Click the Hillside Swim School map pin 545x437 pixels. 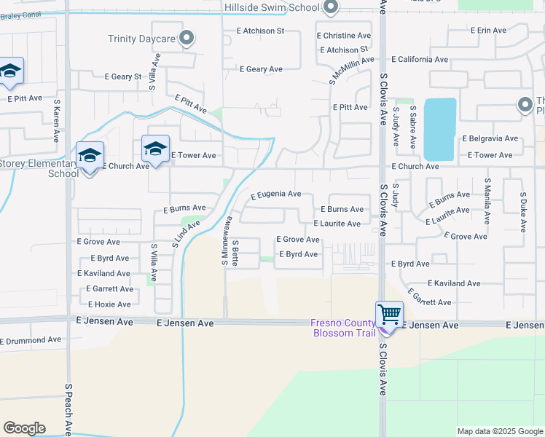330,7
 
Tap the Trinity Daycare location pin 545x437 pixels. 187,38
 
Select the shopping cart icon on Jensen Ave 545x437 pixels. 389,315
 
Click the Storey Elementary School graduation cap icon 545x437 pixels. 90,155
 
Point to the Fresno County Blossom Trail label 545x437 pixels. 342,328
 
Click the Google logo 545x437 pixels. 24,428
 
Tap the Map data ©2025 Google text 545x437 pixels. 499,431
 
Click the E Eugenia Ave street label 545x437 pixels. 275,194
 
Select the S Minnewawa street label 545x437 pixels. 225,241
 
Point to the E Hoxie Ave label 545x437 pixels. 109,304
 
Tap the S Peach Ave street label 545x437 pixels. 68,408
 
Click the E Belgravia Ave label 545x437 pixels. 490,138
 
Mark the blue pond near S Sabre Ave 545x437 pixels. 439,129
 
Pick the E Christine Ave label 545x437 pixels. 344,36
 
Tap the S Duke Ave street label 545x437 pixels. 523,213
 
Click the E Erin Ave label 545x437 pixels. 488,31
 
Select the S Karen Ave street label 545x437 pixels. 57,124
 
